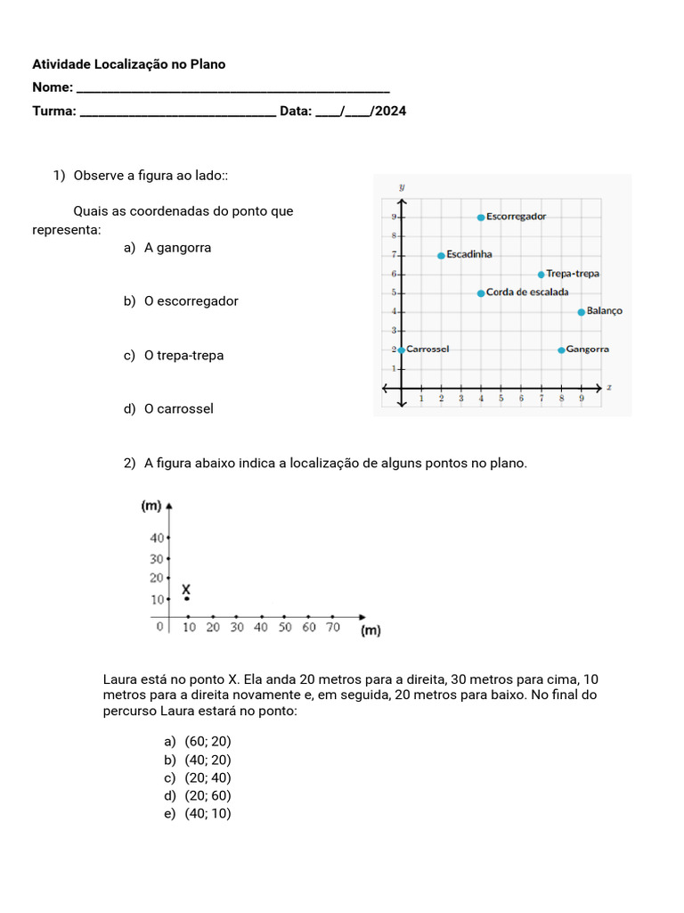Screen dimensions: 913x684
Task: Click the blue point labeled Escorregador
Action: click(481, 217)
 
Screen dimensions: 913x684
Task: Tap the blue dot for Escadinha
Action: click(441, 255)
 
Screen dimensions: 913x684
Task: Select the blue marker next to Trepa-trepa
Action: click(541, 274)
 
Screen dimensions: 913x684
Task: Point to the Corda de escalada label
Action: click(527, 292)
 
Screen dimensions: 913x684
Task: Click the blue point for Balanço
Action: click(581, 312)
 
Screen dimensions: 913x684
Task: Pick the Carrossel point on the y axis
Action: click(402, 350)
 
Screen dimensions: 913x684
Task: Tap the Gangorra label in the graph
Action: click(588, 350)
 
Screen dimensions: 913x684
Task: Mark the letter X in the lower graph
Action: click(186, 589)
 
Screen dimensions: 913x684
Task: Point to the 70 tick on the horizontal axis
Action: click(332, 628)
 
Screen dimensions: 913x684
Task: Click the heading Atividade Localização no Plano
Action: click(129, 64)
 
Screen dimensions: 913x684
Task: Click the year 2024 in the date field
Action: click(391, 111)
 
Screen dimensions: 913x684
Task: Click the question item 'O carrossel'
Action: click(179, 409)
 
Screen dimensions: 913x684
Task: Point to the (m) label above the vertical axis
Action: click(151, 506)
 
